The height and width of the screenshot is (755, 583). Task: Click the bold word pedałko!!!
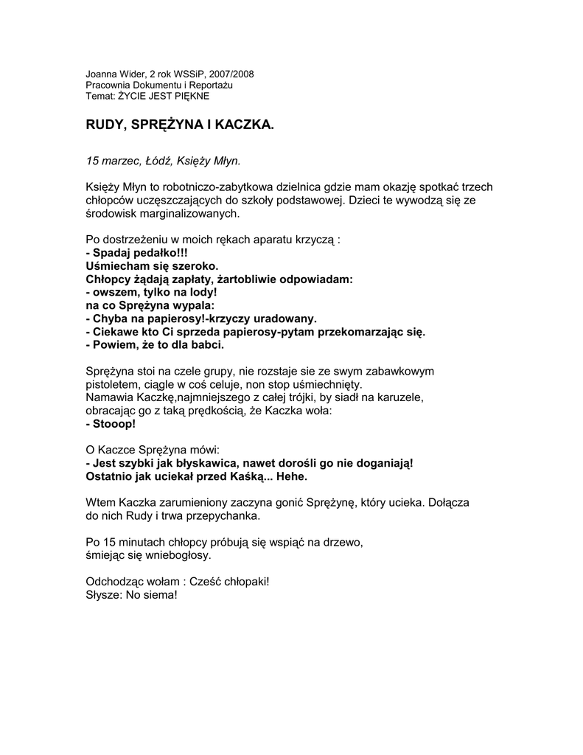(153, 253)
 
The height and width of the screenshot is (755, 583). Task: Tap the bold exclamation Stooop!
(111, 425)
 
